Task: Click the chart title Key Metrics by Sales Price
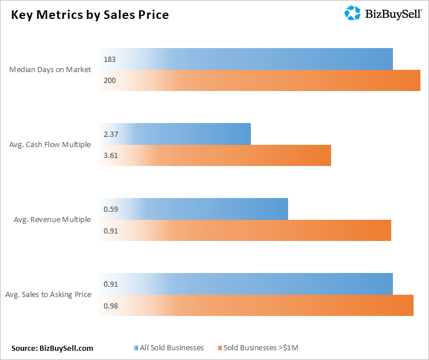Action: [x=90, y=15]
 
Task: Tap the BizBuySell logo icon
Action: [x=352, y=13]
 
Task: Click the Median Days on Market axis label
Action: [x=50, y=70]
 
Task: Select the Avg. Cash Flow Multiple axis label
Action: [x=50, y=144]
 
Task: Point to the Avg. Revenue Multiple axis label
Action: [x=52, y=219]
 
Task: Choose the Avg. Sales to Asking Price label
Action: [x=48, y=294]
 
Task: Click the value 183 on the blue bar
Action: [x=109, y=59]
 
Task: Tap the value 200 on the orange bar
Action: [x=109, y=81]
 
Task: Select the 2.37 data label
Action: [x=111, y=134]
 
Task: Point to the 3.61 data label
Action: [x=111, y=156]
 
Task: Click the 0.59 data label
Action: [x=111, y=209]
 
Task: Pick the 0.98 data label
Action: [x=111, y=306]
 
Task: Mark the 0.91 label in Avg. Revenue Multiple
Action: [x=111, y=231]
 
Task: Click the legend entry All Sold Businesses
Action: [x=171, y=347]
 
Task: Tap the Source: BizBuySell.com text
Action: [x=52, y=347]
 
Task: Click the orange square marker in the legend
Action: [x=219, y=347]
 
